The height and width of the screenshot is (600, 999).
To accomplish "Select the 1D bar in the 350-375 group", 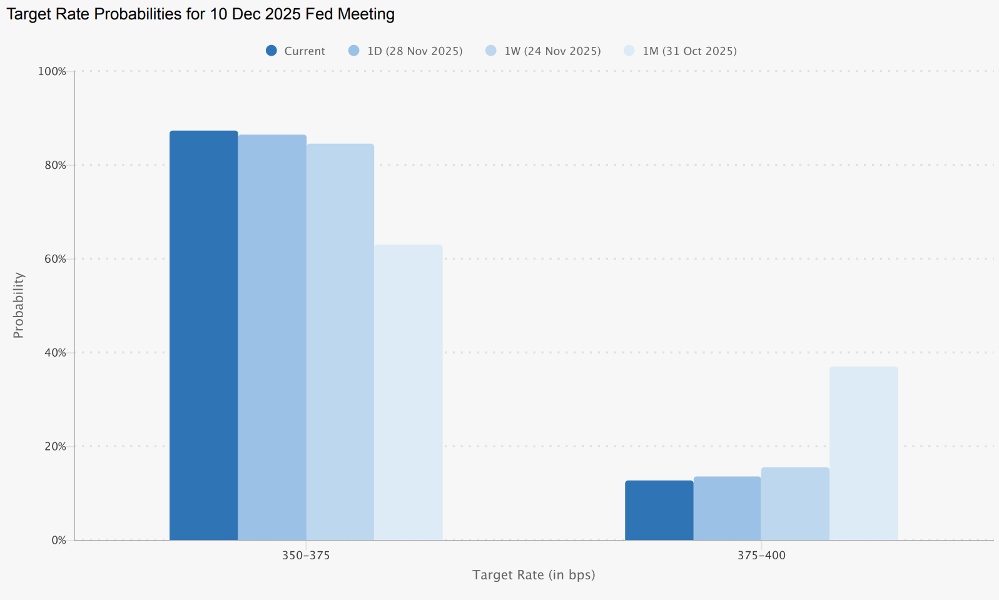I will pyautogui.click(x=272, y=338).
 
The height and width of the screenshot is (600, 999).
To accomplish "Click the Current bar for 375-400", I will pyautogui.click(x=659, y=510).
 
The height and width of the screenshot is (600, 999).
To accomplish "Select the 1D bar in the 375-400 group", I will pyautogui.click(x=727, y=508).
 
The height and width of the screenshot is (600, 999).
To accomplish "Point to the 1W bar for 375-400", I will pyautogui.click(x=795, y=504).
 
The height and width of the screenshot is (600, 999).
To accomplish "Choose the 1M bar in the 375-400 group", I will pyautogui.click(x=863, y=454).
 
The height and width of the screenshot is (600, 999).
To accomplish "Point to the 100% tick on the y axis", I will pyautogui.click(x=52, y=71).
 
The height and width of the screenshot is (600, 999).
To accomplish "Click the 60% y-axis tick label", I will pyautogui.click(x=55, y=259).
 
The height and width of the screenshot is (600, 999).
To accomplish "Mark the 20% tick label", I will pyautogui.click(x=55, y=447).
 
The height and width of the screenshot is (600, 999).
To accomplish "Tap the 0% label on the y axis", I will pyautogui.click(x=58, y=540).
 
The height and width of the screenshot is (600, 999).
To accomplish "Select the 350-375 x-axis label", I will pyautogui.click(x=306, y=556).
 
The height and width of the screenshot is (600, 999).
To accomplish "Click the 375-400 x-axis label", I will pyautogui.click(x=761, y=556).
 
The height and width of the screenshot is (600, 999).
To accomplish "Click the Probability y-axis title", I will pyautogui.click(x=19, y=305).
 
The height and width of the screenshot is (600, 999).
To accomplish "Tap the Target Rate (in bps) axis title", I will pyautogui.click(x=534, y=574).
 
